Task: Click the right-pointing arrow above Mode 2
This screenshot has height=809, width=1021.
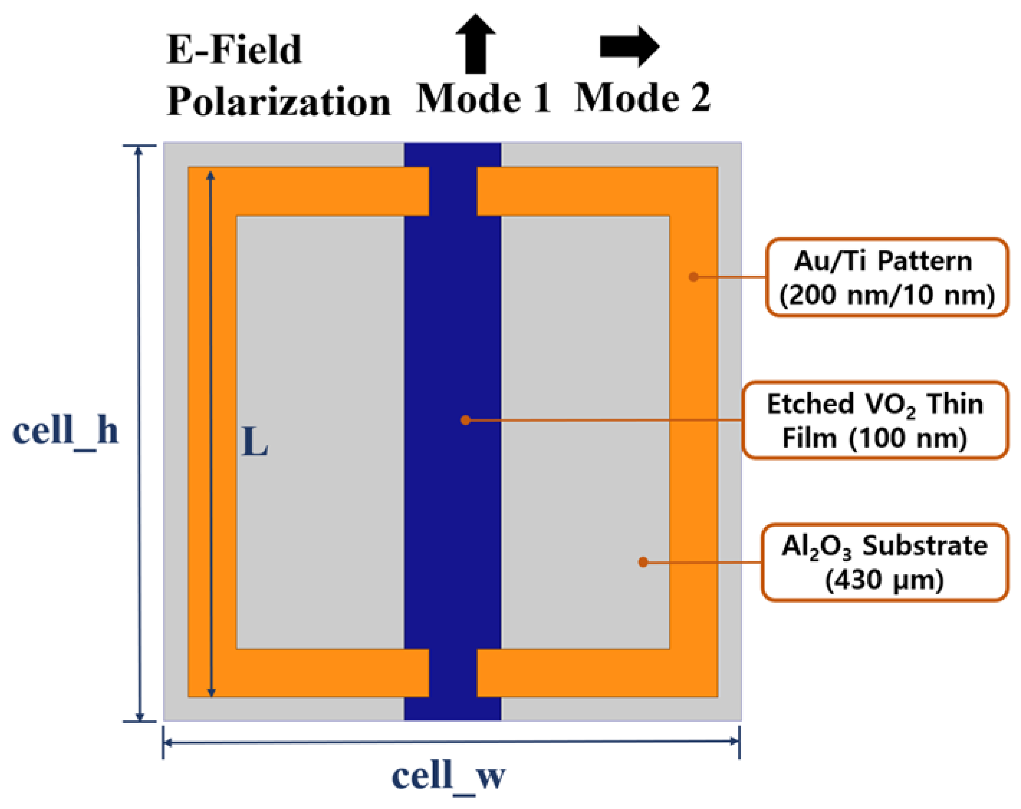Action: [x=629, y=46]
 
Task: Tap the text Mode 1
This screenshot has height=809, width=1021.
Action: [x=484, y=98]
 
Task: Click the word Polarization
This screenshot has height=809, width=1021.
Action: [x=278, y=102]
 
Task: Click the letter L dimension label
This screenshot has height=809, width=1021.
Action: [x=254, y=442]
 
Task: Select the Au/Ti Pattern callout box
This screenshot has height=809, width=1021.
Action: [x=886, y=278]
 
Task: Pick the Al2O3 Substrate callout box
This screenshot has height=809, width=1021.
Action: [x=884, y=562]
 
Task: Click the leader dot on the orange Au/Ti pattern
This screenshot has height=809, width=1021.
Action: [x=693, y=277]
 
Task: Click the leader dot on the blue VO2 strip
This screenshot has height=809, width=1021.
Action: [x=466, y=420]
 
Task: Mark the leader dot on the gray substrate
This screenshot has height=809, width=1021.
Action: [x=643, y=562]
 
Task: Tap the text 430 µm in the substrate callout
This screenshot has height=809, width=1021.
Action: [x=884, y=580]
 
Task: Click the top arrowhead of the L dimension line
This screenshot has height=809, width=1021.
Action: [x=211, y=176]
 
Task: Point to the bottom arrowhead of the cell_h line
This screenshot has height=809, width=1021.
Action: [x=140, y=715]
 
